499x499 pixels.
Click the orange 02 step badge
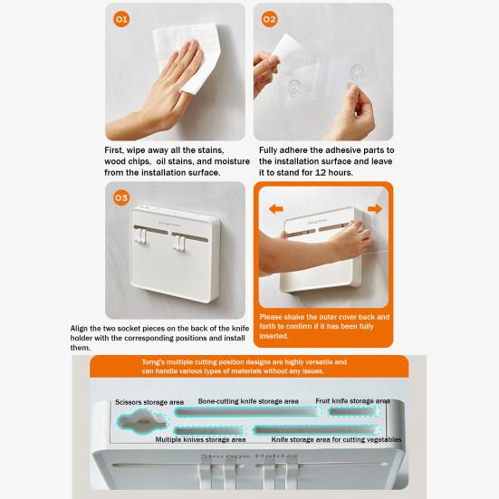[269, 18]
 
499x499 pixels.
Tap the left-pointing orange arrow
[276, 209]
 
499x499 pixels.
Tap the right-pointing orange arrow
[374, 209]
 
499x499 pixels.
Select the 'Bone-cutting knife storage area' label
[248, 399]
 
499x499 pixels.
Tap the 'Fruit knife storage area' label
[353, 399]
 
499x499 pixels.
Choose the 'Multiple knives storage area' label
[199, 439]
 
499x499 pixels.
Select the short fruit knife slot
[353, 412]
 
